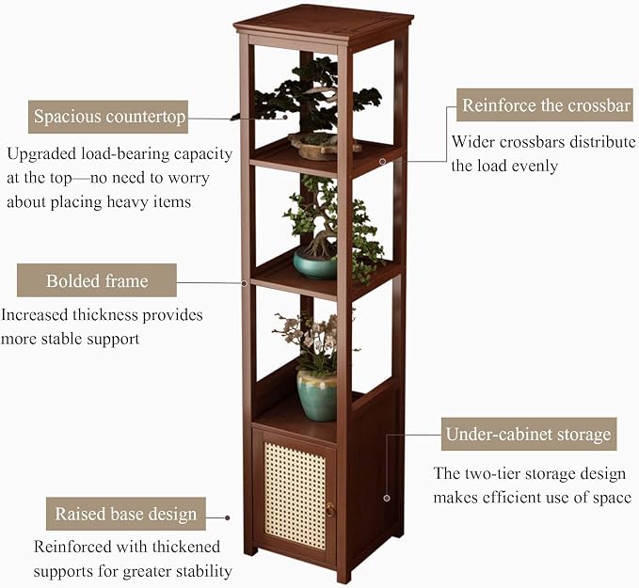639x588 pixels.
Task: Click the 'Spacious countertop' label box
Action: point(108,117)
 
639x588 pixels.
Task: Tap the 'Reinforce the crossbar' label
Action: point(545,104)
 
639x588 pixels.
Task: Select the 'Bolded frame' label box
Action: point(97,280)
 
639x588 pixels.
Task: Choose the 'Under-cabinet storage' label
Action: point(529,434)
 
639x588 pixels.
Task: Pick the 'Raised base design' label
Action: point(125,514)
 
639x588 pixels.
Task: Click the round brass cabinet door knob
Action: point(329,509)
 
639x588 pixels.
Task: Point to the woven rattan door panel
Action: point(296,496)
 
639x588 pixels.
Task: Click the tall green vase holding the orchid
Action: point(317,395)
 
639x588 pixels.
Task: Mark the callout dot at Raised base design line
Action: point(228,517)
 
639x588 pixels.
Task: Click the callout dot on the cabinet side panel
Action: point(387,498)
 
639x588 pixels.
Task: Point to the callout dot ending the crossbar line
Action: point(382,162)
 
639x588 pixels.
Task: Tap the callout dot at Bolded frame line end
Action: point(245,283)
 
